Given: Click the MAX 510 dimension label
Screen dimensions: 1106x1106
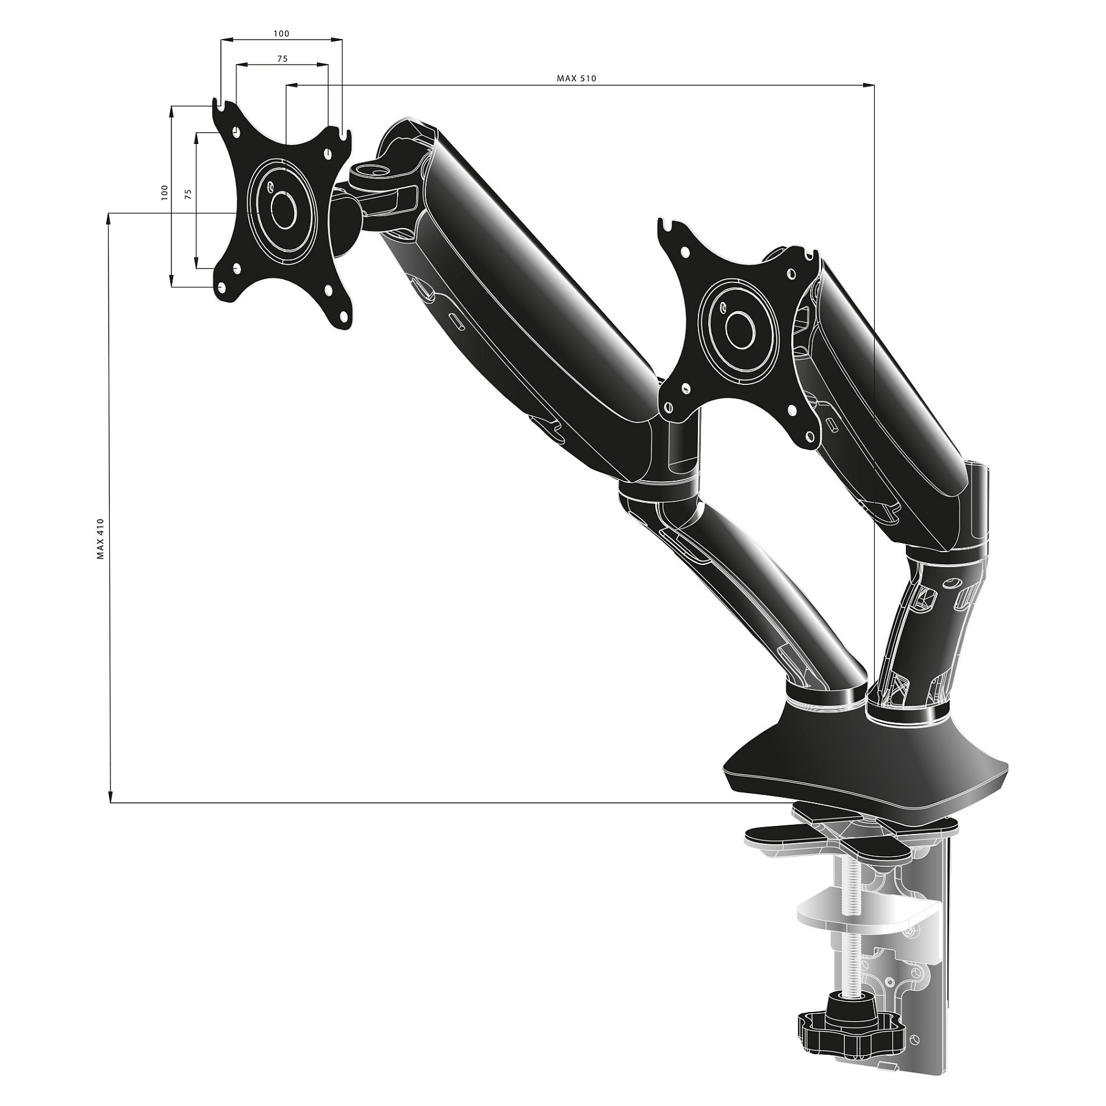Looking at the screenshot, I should pyautogui.click(x=576, y=78).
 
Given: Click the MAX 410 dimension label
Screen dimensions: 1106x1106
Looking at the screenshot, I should pyautogui.click(x=101, y=539).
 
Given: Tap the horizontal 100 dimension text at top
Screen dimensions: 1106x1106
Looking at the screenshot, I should pyautogui.click(x=281, y=34).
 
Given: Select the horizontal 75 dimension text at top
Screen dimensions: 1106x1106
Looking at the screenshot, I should pyautogui.click(x=282, y=59).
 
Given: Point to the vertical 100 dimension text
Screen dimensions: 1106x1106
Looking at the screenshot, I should pyautogui.click(x=163, y=193).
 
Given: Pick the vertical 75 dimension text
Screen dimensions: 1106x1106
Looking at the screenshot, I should pyautogui.click(x=189, y=195).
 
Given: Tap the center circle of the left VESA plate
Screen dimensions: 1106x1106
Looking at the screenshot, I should pyautogui.click(x=282, y=210).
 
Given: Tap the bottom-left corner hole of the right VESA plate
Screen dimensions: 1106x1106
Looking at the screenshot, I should pyautogui.click(x=669, y=406).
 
